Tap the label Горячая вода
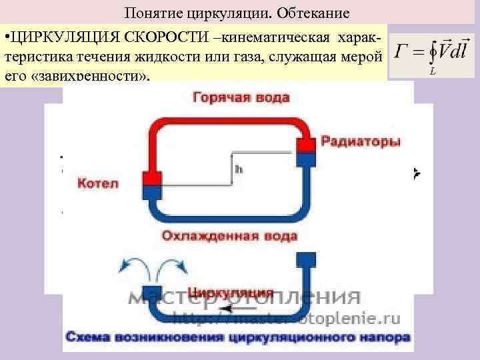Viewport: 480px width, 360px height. pyautogui.click(x=241, y=98)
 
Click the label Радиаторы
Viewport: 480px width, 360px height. pyautogui.click(x=361, y=142)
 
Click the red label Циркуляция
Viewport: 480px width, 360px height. pyautogui.click(x=231, y=292)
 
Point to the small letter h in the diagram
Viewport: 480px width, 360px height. pyautogui.click(x=238, y=169)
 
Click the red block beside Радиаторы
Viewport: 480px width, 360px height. pyautogui.click(x=306, y=145)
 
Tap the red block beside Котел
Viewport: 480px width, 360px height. pyautogui.click(x=151, y=178)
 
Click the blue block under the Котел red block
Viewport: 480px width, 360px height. pyautogui.click(x=151, y=193)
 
